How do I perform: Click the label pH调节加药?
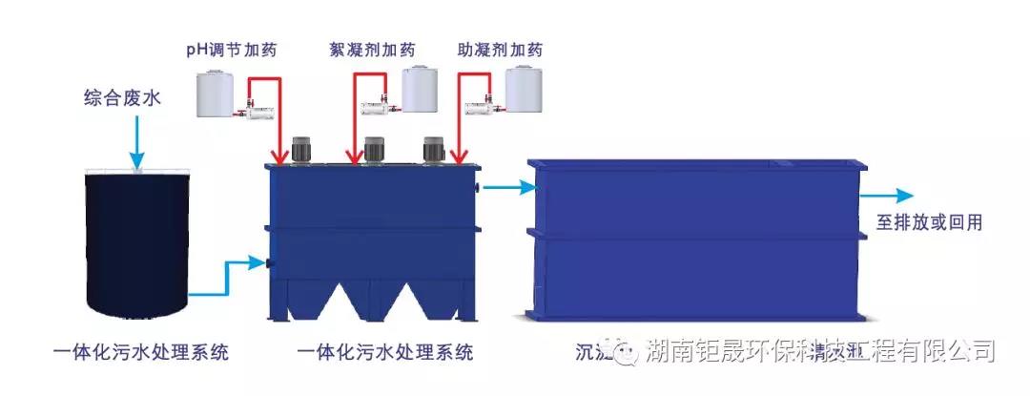[x=232, y=50]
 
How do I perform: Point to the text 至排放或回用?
[x=929, y=223]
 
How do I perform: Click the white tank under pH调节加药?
[x=216, y=94]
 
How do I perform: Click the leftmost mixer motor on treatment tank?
[x=303, y=149]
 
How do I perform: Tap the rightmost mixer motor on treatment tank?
[x=434, y=149]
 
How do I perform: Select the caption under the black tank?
[x=140, y=352]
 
